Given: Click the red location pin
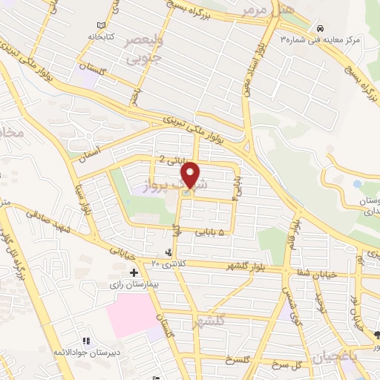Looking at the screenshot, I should click(191, 174).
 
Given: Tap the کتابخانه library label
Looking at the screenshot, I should click(99, 35).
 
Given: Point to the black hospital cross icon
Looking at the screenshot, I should click(134, 272).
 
